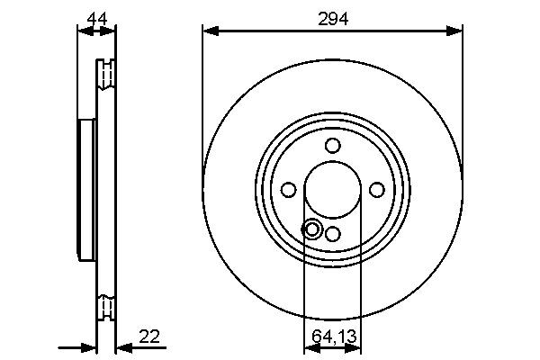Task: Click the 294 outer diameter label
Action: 333,17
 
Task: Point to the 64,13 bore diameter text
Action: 332,338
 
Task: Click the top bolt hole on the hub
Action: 332,146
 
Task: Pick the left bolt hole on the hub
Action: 289,189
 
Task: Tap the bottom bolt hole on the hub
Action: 332,233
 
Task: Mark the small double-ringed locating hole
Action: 312,229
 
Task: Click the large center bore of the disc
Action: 332,190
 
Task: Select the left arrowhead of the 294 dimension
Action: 208,31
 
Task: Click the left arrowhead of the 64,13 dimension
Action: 309,346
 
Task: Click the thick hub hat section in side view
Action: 87,189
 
